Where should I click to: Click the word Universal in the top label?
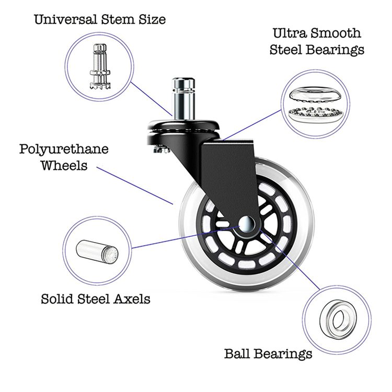point(65,19)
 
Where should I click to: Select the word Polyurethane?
point(64,150)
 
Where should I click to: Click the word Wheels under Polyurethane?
point(64,166)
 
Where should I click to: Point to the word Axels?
point(132,299)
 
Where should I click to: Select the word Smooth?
point(335,33)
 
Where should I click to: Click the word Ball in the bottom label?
point(237,353)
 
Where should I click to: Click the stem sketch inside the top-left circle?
point(100,66)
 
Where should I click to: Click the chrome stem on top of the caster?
point(183,99)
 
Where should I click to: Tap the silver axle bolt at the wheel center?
point(247,224)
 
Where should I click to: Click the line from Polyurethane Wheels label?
point(135,186)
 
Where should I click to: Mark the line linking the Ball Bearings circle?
point(289,259)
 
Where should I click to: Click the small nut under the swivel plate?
point(161,149)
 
